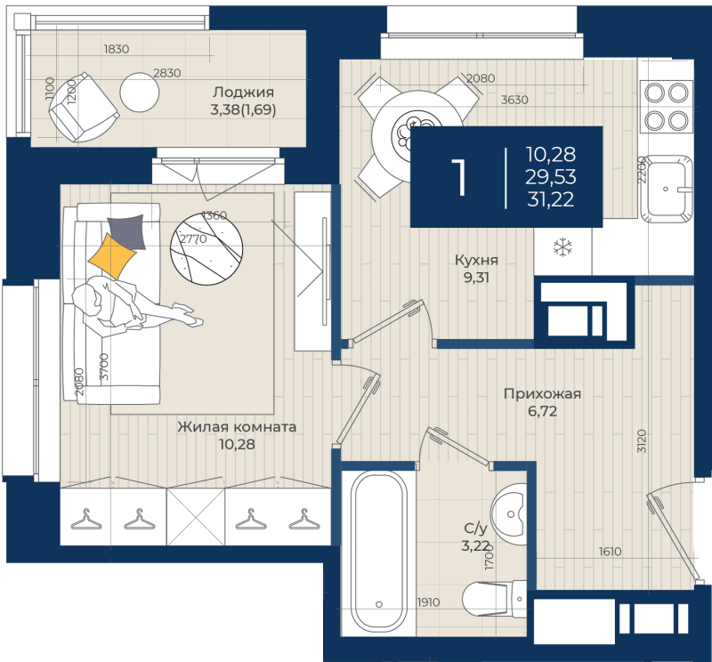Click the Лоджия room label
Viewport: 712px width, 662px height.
(243, 93)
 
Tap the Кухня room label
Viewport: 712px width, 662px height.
(476, 260)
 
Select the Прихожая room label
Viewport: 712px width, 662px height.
(542, 393)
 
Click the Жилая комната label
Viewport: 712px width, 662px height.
(237, 427)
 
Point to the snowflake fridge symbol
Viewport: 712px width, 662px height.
(562, 247)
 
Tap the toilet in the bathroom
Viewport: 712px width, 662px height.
(495, 599)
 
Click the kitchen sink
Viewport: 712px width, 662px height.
(667, 189)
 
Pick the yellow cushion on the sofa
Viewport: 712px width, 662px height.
(112, 256)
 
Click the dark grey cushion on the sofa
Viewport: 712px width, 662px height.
(126, 231)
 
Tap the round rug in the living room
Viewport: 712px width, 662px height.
(206, 249)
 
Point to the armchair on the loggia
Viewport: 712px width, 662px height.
(83, 107)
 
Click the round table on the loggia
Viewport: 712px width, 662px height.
(140, 93)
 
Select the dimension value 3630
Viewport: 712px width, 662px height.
(514, 100)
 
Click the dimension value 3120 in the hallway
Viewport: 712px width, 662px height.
(641, 441)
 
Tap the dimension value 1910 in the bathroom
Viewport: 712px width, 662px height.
(428, 602)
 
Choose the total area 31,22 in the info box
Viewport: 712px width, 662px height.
(550, 199)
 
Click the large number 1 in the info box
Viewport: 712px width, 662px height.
(460, 178)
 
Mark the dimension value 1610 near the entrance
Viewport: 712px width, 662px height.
(610, 552)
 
